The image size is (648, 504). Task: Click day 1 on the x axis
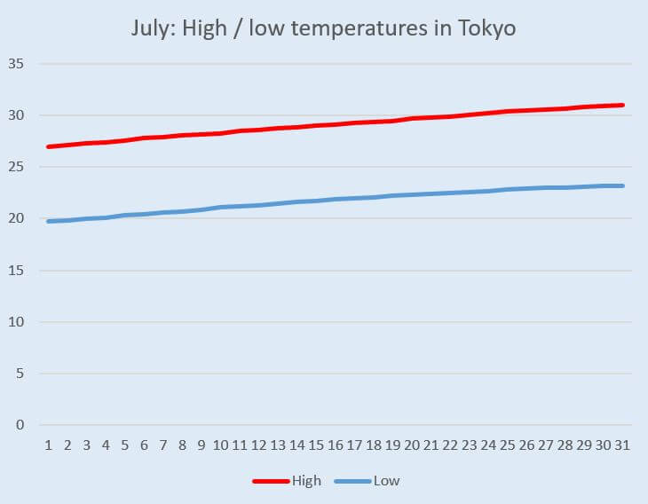coord(48,444)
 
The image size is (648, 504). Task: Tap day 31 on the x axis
coord(623,444)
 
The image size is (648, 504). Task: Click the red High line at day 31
coord(623,105)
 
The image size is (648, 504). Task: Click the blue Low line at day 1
coord(48,221)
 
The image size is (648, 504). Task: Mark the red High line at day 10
coord(220,133)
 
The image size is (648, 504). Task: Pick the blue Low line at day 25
coord(508,189)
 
